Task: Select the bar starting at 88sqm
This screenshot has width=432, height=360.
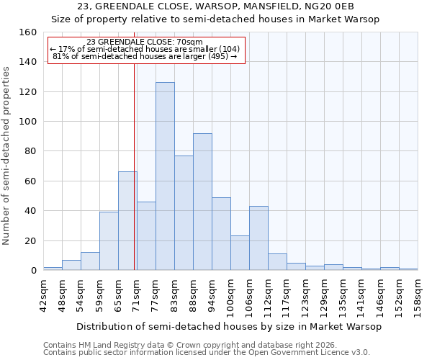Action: click(202, 202)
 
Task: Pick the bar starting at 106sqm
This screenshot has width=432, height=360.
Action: click(258, 238)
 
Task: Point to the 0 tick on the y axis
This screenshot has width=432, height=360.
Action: click(33, 271)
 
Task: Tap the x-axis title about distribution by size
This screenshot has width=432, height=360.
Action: click(228, 326)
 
